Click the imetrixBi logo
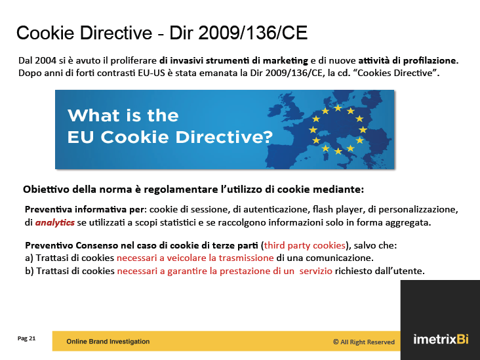(441, 339)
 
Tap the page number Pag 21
(27, 338)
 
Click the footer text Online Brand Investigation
(108, 342)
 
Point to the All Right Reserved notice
(364, 342)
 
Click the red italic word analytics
(55, 222)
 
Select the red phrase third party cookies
(305, 245)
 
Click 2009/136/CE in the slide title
(252, 32)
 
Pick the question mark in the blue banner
(268, 137)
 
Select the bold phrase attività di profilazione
(409, 60)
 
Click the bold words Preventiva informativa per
(84, 209)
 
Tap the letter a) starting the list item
(29, 258)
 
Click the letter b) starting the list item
(30, 271)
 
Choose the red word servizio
(315, 271)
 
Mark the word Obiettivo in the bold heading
(46, 190)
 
